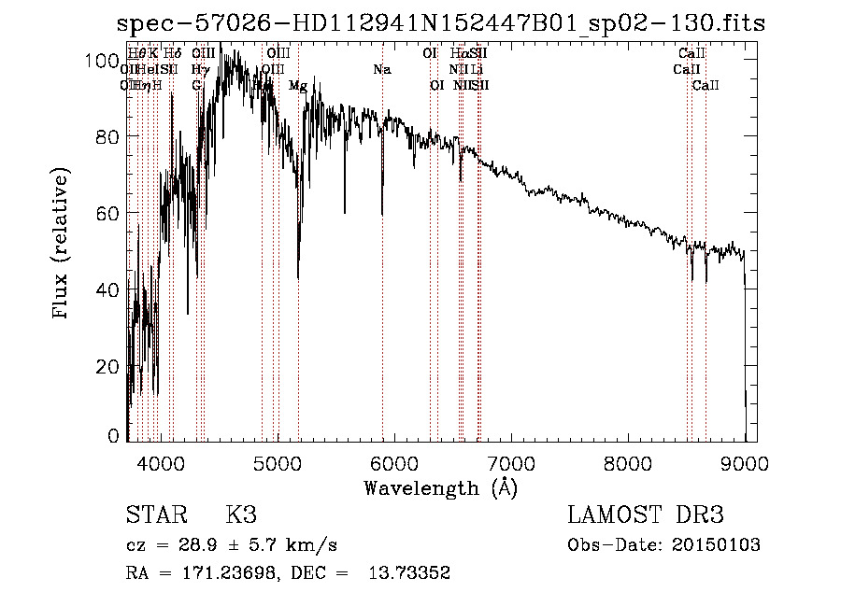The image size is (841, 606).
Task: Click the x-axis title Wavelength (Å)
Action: pos(440,487)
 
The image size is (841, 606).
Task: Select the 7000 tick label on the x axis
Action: pos(510,462)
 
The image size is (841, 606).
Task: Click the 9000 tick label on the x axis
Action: pos(744,462)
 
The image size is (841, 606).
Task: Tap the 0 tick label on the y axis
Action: pos(114,435)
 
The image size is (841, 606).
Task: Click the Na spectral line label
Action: pos(381,70)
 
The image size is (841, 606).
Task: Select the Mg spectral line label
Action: pos(298,86)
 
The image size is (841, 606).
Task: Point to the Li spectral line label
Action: pos(477,70)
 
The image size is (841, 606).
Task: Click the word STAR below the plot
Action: pos(152,515)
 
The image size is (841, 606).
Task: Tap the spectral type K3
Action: pos(241,515)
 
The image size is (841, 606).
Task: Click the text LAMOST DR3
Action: pos(646,515)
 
